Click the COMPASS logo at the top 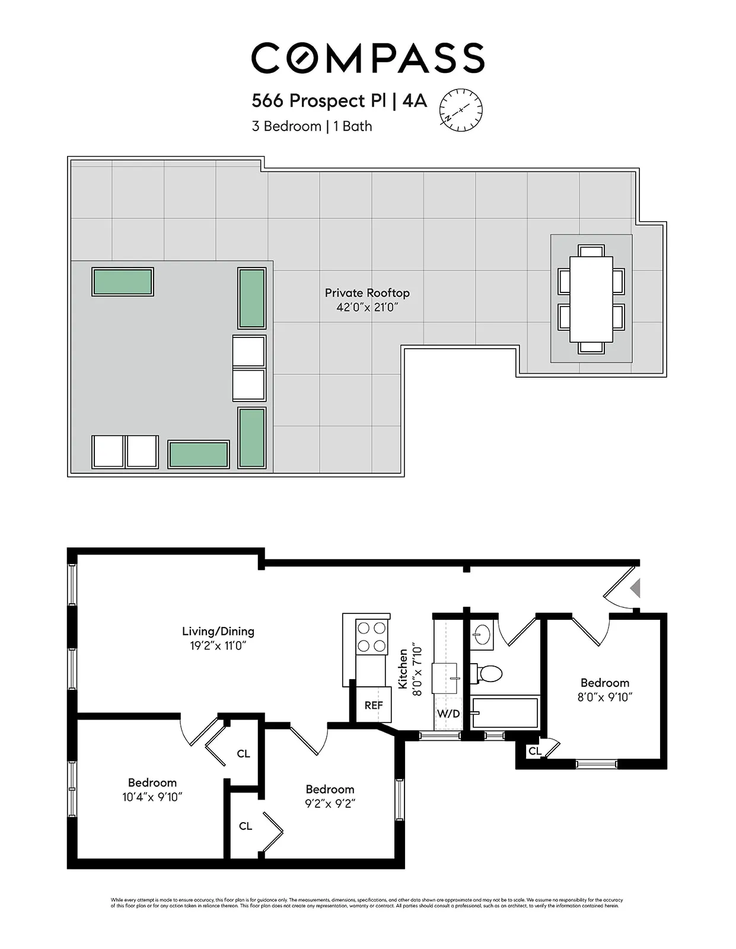click(x=368, y=58)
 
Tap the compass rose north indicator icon click(x=461, y=110)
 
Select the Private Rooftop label click(x=367, y=293)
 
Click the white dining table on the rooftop click(x=591, y=299)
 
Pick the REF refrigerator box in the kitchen click(x=374, y=705)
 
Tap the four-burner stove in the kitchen click(x=372, y=636)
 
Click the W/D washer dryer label click(x=448, y=714)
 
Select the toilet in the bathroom click(x=489, y=674)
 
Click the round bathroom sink click(x=483, y=634)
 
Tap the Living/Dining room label click(x=218, y=632)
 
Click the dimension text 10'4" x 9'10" click(x=152, y=797)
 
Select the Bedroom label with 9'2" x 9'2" click(x=330, y=789)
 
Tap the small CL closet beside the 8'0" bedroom click(x=534, y=751)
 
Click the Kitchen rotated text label click(x=403, y=668)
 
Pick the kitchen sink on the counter click(x=444, y=678)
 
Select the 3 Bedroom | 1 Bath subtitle click(x=312, y=126)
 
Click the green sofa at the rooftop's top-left click(x=123, y=282)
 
